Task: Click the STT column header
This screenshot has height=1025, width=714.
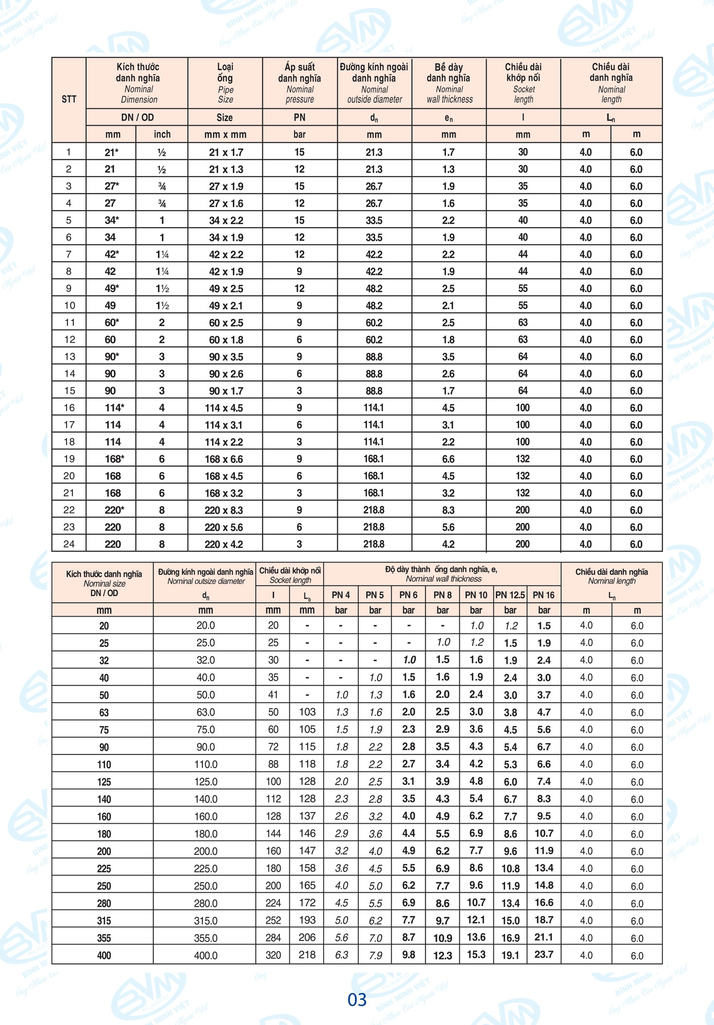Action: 69,99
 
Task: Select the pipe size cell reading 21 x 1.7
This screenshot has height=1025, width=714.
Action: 226,152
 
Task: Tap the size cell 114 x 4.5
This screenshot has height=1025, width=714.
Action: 224,408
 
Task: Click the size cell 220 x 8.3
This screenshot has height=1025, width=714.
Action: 224,510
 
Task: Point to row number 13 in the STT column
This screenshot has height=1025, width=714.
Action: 69,356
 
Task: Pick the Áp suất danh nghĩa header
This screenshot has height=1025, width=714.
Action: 299,83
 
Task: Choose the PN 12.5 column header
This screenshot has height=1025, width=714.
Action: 510,595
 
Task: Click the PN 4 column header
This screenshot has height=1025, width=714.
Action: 341,595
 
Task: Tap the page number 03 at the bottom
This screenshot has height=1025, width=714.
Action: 357,999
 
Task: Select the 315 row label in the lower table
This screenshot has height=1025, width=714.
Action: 104,920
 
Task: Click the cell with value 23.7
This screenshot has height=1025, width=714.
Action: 544,954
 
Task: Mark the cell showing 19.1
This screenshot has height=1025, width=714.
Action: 510,955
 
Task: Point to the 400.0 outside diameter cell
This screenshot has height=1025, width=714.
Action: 206,955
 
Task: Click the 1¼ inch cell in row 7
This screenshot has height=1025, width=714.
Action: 162,254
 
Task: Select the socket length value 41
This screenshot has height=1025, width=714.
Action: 273,695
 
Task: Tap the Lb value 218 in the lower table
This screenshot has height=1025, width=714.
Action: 307,954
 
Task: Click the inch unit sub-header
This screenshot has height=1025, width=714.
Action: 162,134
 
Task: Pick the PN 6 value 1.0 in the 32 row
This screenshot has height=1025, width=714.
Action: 409,660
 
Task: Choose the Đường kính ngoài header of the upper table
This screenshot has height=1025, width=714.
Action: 374,83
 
